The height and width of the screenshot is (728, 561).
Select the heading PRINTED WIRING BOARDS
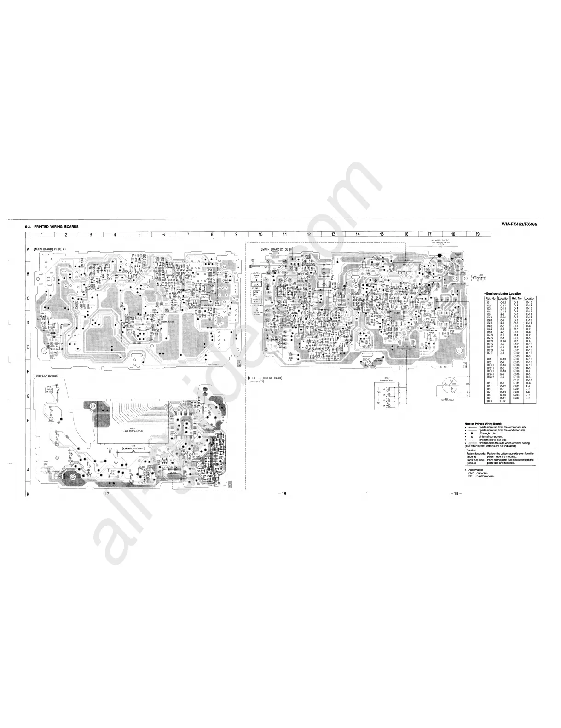(56, 226)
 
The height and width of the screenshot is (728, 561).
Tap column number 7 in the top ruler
(188, 234)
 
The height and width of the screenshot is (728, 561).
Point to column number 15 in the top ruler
(382, 234)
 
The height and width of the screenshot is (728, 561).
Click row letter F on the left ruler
(28, 371)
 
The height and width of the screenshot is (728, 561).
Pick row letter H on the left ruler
(28, 420)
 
